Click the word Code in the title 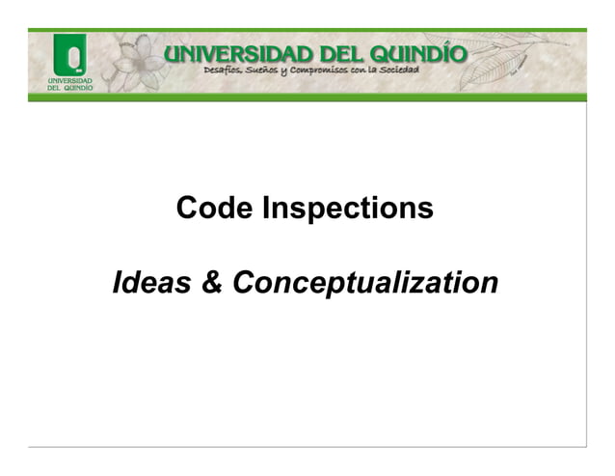click(210, 208)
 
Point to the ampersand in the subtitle click(212, 284)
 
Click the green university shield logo click(69, 54)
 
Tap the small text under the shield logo click(69, 83)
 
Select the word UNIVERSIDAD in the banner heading click(238, 53)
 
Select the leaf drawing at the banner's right click(521, 63)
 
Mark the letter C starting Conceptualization click(242, 284)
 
